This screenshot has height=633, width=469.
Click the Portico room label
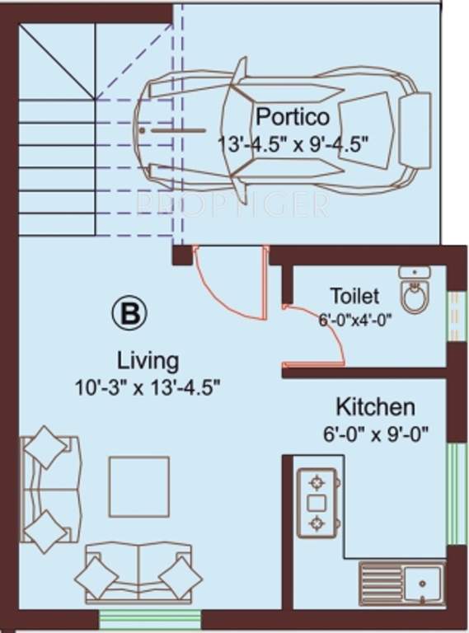click(292, 115)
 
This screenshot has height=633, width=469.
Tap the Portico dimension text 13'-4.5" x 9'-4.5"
click(292, 141)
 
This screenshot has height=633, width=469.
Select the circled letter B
click(128, 314)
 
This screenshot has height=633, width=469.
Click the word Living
click(148, 360)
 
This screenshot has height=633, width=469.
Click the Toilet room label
click(354, 295)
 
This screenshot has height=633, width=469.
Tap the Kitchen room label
click(375, 406)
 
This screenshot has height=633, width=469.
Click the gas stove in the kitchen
click(316, 502)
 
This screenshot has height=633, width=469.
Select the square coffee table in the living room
click(138, 485)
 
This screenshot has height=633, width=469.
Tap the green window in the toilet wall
click(452, 316)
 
